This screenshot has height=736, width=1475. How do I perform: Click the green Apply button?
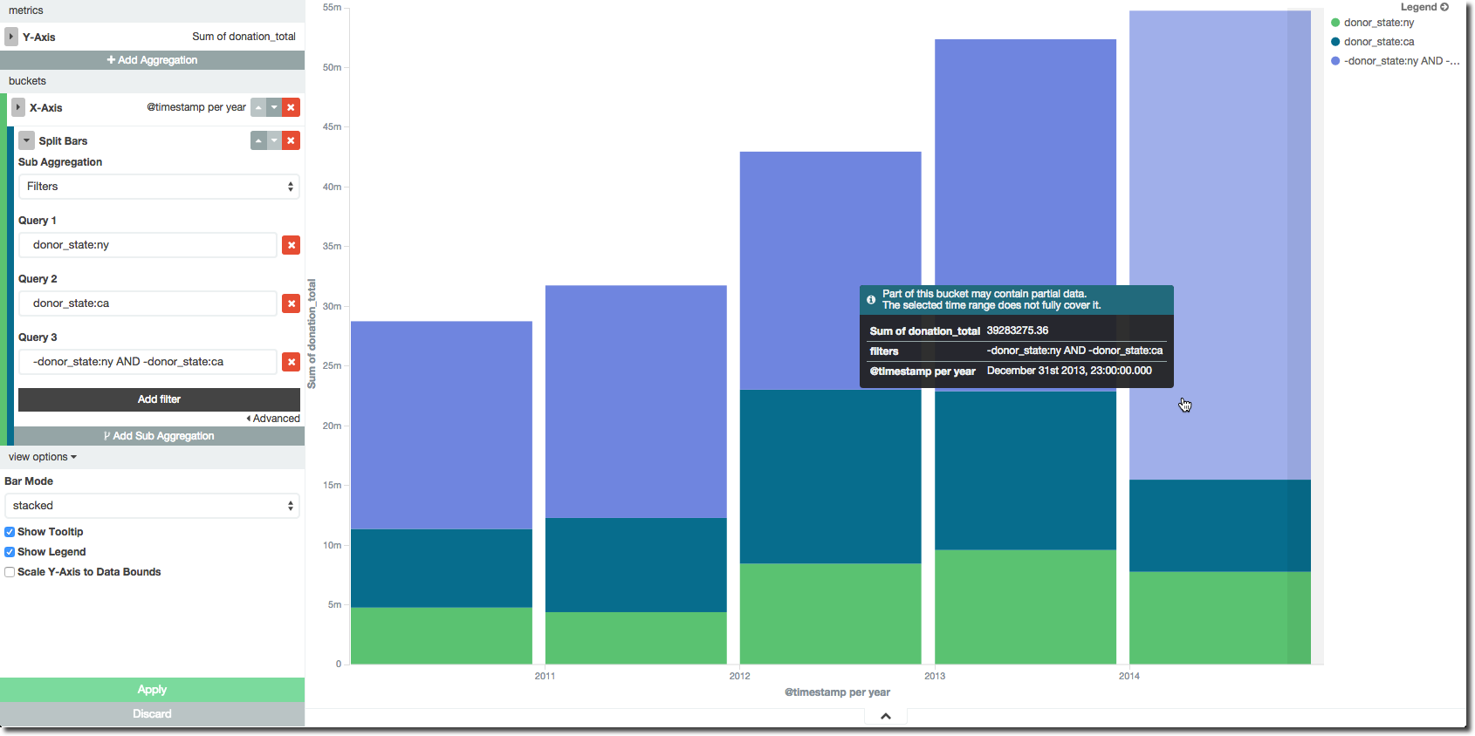[x=152, y=690]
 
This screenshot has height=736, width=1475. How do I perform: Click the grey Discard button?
[x=152, y=714]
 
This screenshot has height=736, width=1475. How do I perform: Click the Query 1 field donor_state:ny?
[x=147, y=245]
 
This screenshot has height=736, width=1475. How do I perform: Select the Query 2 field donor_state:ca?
[x=147, y=303]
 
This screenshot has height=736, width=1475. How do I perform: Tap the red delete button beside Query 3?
[x=292, y=362]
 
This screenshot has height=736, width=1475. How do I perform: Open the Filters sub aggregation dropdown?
[x=159, y=187]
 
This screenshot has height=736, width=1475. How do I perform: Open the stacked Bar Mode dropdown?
[x=152, y=506]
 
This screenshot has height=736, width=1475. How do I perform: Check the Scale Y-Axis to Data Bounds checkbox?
[x=10, y=572]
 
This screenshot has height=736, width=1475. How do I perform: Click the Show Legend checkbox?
[x=10, y=552]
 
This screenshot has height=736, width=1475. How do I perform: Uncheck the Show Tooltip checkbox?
[x=10, y=532]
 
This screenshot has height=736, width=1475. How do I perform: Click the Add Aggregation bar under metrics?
[x=152, y=60]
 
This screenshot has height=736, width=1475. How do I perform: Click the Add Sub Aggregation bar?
[x=159, y=436]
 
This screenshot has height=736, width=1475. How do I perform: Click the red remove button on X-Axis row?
[x=292, y=107]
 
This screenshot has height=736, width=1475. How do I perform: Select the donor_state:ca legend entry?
[x=1378, y=42]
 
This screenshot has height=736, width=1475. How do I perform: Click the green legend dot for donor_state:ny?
[x=1335, y=23]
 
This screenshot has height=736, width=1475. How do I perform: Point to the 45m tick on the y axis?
[x=333, y=127]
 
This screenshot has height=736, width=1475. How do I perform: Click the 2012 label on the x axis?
[x=739, y=676]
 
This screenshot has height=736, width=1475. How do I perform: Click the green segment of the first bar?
[x=442, y=635]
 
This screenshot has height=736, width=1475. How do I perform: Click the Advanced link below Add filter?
[x=276, y=419]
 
